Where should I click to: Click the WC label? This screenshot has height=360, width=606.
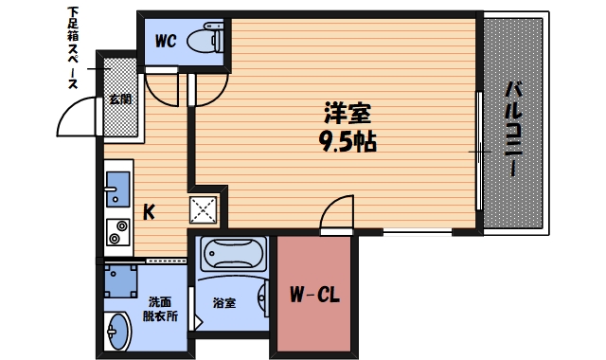click(x=166, y=41)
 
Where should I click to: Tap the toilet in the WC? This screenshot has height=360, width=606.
click(x=204, y=41)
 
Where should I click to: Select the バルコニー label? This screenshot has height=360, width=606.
click(x=512, y=128)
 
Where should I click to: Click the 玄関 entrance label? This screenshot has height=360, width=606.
click(x=119, y=99)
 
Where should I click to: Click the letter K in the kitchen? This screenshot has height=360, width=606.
click(x=149, y=211)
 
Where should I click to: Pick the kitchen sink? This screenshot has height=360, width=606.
click(x=117, y=189)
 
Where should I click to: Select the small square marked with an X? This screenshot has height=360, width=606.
click(x=205, y=208)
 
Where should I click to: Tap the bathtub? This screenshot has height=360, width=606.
click(x=234, y=256)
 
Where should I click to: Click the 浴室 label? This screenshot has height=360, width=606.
click(x=223, y=303)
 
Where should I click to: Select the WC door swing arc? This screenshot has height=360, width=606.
click(x=163, y=90)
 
